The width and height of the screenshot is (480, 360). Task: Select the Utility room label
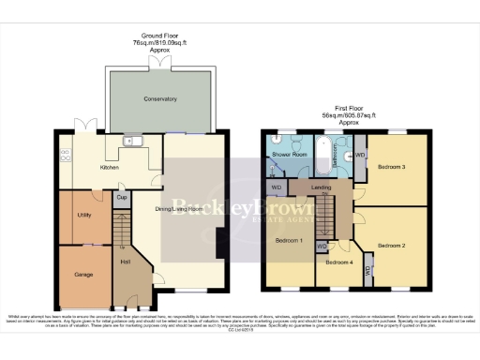[x=83, y=215]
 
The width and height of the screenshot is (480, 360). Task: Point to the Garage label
[x=83, y=275]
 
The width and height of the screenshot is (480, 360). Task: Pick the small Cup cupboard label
[x=121, y=198]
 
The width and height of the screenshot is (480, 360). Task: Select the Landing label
[x=321, y=189]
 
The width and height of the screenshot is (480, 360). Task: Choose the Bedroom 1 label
[x=289, y=241]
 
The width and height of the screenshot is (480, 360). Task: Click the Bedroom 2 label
[x=391, y=245]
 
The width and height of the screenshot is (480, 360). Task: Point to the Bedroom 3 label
[x=391, y=167]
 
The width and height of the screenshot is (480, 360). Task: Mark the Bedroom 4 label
[x=338, y=262]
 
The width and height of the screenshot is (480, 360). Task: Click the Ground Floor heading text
[x=159, y=40]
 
